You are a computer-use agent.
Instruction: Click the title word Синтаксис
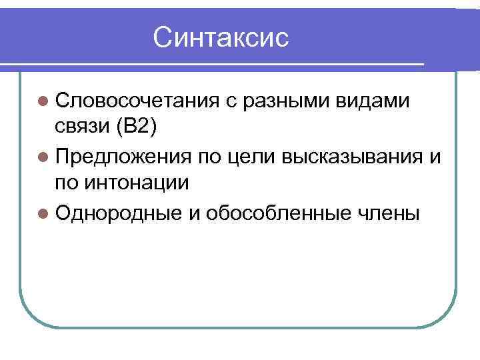[221, 37]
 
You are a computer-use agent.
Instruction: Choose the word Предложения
[126, 157]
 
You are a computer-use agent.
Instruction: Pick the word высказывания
[354, 157]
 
